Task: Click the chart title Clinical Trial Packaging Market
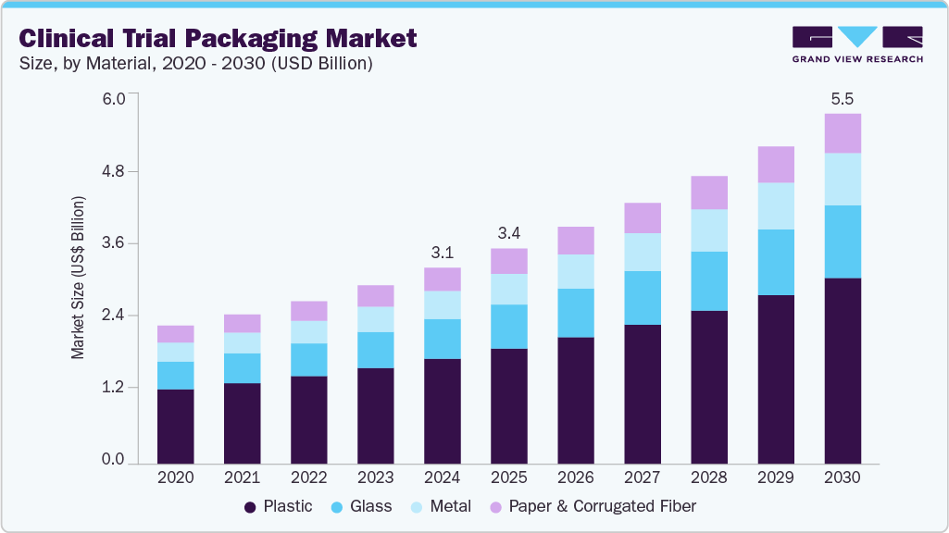218,38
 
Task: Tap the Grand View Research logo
857,44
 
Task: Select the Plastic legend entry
278,506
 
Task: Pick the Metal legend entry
440,506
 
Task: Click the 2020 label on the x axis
176,477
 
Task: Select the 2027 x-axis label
643,477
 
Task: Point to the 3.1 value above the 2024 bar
443,251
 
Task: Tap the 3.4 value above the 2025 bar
509,231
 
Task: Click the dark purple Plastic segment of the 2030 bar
843,370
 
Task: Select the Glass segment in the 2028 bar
709,280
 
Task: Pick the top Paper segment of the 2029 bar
776,164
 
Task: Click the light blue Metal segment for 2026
576,271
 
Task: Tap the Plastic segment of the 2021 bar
243,423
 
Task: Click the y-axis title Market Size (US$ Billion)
79,278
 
